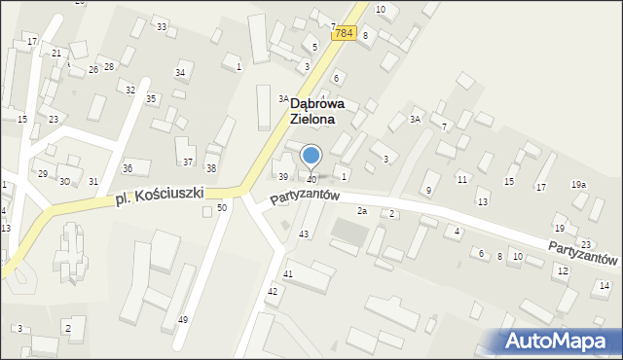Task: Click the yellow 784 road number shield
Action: click(x=342, y=33)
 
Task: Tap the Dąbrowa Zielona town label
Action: click(x=311, y=111)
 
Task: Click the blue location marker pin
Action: click(x=311, y=157)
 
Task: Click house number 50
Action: click(x=222, y=207)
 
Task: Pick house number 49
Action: click(x=183, y=320)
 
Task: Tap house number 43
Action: click(x=304, y=234)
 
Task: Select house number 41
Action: click(x=287, y=274)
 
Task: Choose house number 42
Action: click(x=273, y=291)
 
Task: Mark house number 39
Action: click(x=283, y=177)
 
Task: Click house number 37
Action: click(x=188, y=162)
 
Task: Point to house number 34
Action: click(x=180, y=73)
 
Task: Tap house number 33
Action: click(x=161, y=25)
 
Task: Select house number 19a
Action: click(x=579, y=184)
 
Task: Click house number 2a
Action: click(x=361, y=211)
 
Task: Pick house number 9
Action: click(x=427, y=189)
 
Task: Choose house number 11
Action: click(x=461, y=180)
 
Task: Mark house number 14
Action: click(x=605, y=285)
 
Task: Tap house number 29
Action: click(x=42, y=173)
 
